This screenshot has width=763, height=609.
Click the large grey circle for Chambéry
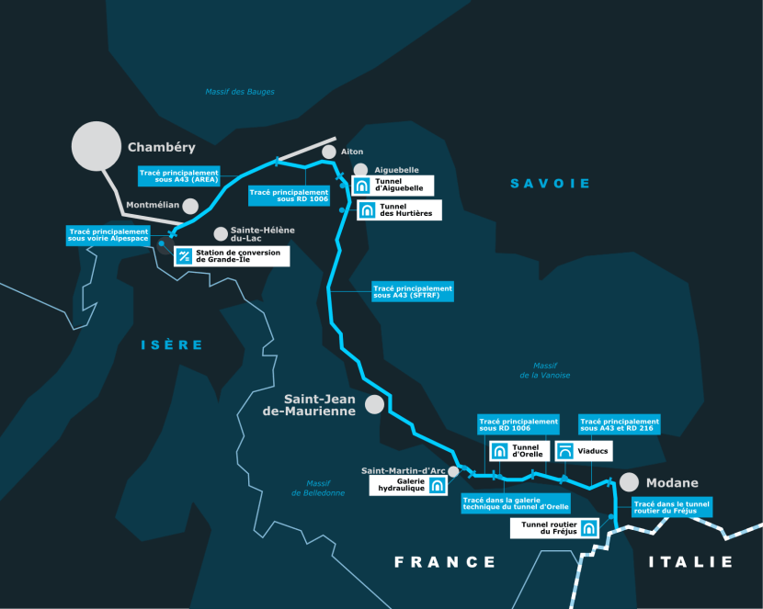point(97,146)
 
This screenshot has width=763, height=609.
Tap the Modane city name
point(671,483)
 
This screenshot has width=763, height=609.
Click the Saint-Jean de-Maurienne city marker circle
point(374,404)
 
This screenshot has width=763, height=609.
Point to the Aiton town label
point(352,152)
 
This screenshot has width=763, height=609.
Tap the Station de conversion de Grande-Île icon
point(184,256)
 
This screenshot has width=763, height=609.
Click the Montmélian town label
point(153,206)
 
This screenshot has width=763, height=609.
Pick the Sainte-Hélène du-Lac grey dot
point(220,234)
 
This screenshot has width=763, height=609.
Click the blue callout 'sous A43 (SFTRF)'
point(413,291)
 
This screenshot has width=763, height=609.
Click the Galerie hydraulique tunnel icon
point(437,485)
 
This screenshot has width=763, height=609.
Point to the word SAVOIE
point(551,184)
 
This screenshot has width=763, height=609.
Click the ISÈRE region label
point(171,344)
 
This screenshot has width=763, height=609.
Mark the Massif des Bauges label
point(239,92)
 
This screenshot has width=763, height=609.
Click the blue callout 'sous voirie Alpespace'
point(108,235)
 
